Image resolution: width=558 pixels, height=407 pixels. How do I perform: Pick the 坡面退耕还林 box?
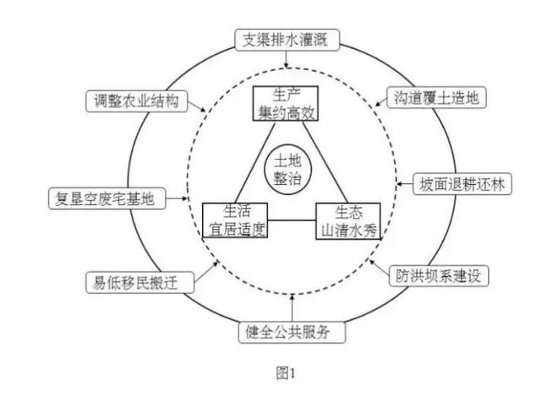[461, 183]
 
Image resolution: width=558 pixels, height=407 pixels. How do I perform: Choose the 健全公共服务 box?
[291, 332]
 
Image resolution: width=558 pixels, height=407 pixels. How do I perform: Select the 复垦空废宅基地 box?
[107, 199]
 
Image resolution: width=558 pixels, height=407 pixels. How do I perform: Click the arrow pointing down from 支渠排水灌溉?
[287, 60]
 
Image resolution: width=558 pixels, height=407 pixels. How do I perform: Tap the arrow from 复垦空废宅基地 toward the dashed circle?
[176, 199]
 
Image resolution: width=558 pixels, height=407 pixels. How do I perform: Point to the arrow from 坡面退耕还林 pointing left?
[404, 183]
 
